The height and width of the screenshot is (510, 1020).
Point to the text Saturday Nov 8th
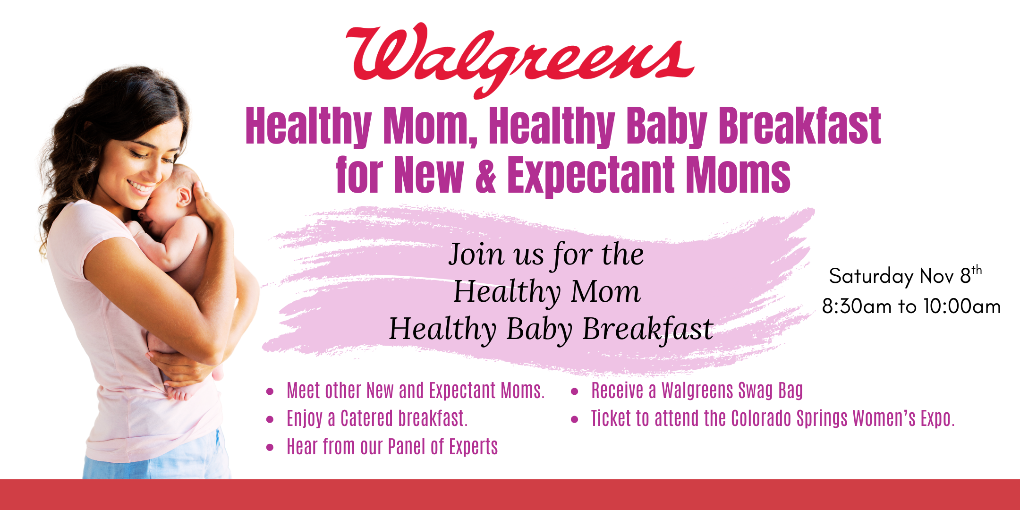pos(905,276)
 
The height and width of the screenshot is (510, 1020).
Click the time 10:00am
pos(962,306)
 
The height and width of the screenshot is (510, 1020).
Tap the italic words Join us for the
pos(546,255)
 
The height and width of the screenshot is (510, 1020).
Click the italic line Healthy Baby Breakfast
pos(551,329)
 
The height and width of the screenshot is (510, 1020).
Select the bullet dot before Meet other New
pos(270,391)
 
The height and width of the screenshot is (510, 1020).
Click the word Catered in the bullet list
pos(367,418)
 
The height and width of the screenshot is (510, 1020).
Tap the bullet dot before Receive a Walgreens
pos(575,391)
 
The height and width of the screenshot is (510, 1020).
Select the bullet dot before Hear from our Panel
pos(270,448)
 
